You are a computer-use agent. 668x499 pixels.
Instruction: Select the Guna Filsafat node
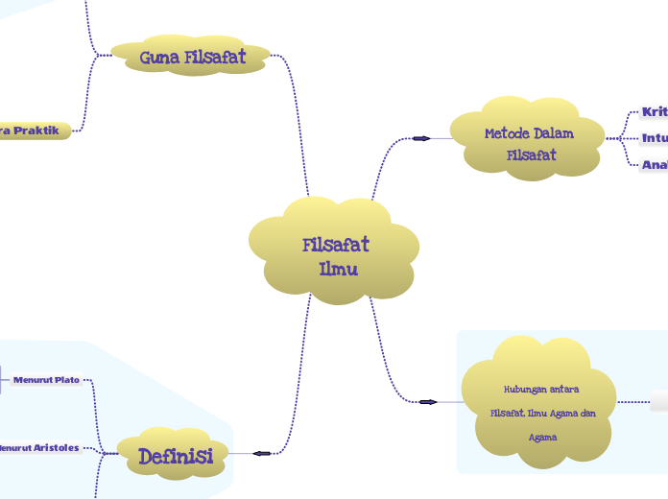click(192, 58)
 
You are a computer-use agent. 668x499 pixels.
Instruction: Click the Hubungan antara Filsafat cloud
click(537, 402)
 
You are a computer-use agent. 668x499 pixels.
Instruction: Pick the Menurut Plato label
click(46, 380)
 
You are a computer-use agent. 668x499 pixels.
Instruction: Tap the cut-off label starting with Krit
click(655, 112)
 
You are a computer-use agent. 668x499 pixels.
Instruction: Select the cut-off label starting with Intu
click(655, 138)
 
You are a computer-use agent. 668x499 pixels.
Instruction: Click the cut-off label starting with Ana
click(655, 165)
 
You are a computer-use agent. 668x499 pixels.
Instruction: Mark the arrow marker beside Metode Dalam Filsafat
click(420, 138)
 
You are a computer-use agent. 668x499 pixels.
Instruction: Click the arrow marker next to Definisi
click(261, 453)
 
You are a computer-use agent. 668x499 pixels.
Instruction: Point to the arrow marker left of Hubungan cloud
click(428, 401)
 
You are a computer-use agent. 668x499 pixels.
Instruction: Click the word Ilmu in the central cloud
click(339, 269)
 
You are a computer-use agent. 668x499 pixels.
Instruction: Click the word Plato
click(67, 380)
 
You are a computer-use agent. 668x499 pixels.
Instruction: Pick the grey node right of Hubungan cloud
click(659, 402)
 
